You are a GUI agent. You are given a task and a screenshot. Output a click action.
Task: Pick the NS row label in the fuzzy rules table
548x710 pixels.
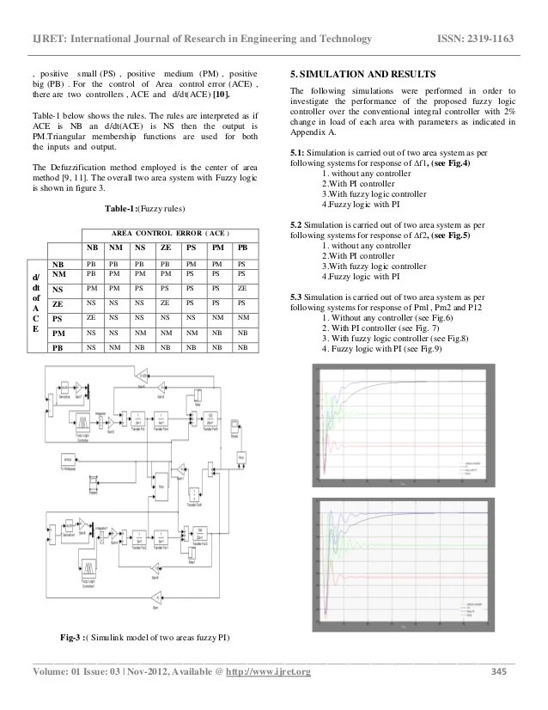(x=59, y=290)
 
